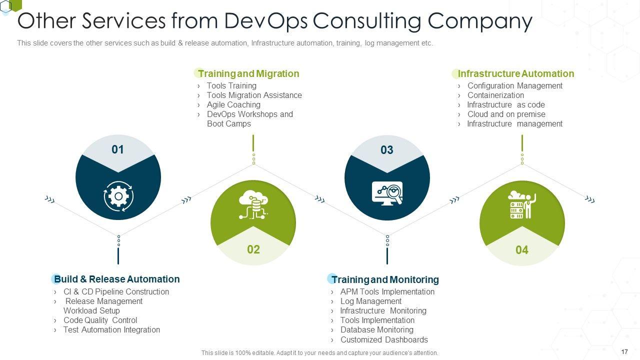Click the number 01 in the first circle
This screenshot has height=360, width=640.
117,149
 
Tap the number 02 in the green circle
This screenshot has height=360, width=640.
253,249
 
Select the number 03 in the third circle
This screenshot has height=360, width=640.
387,150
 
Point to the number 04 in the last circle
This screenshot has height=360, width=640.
522,250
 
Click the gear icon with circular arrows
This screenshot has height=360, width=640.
118,196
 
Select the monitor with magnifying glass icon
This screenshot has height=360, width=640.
387,193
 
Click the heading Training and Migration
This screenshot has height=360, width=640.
248,73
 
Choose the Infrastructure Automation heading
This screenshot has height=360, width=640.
515,73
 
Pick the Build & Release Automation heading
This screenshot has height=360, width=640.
116,279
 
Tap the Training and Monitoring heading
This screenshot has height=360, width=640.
385,279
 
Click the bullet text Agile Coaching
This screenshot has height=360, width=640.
233,104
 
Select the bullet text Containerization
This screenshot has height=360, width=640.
495,95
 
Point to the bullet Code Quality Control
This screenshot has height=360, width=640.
100,320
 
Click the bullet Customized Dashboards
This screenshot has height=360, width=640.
384,339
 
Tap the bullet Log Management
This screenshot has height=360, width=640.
371,301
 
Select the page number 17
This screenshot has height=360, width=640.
624,352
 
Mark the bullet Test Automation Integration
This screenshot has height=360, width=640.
111,329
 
